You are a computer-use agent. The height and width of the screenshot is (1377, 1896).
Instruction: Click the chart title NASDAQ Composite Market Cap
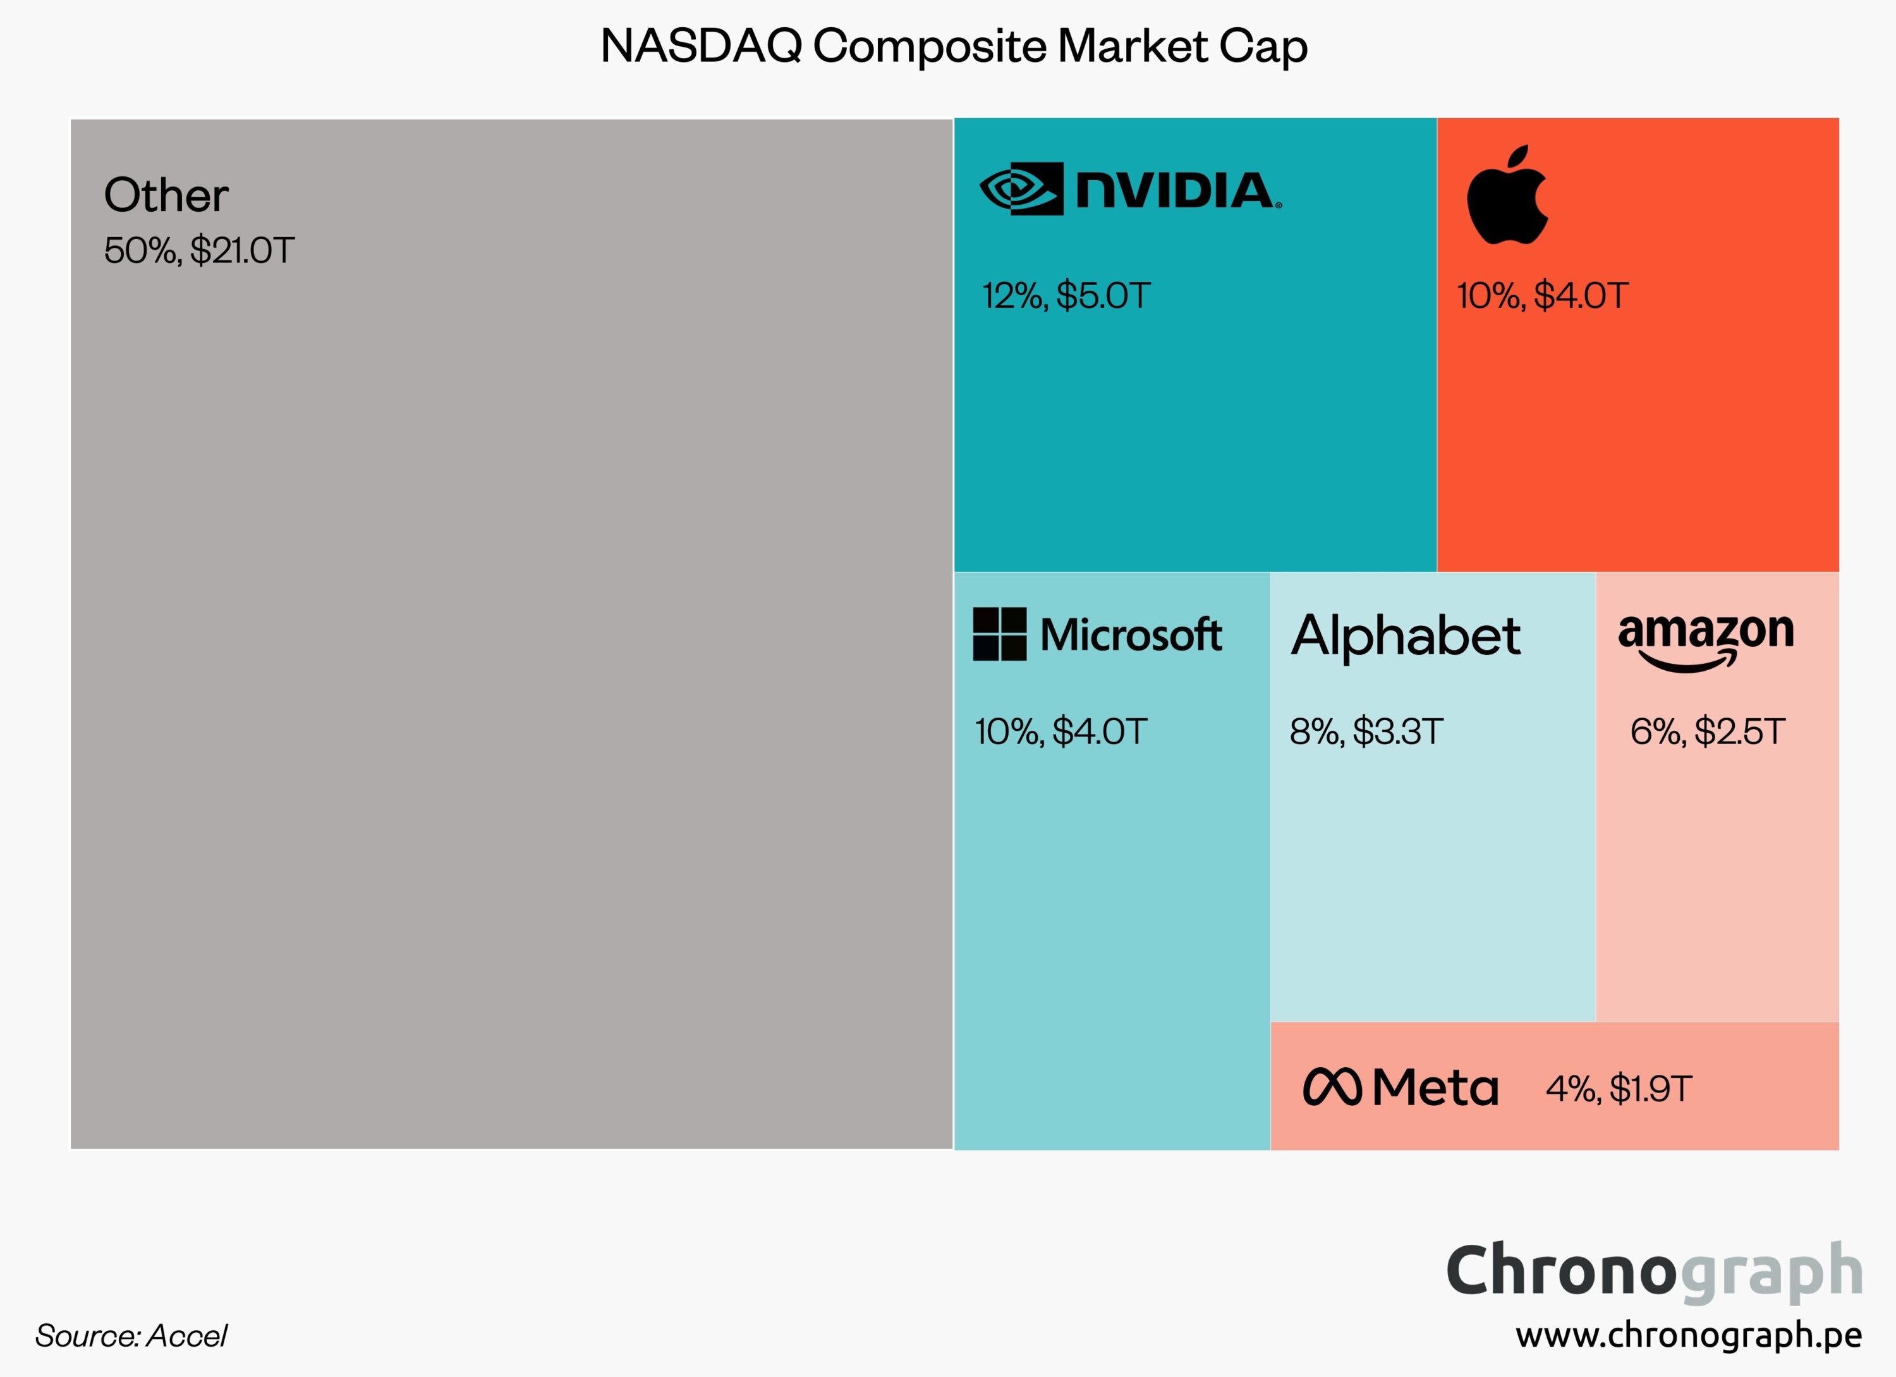coord(954,46)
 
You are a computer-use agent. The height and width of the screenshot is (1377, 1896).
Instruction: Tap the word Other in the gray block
coord(166,195)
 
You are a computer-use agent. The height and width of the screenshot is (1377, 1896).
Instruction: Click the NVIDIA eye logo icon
coord(1021,189)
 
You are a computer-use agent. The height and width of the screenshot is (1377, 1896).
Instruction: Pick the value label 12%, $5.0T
coord(1066,296)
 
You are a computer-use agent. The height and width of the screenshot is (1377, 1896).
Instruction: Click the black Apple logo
coord(1507,195)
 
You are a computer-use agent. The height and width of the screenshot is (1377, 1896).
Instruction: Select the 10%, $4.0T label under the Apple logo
coord(1542,296)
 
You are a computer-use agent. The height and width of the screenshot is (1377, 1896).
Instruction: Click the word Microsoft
coord(1130,635)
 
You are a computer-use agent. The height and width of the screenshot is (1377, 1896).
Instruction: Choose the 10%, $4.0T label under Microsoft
coord(1060,731)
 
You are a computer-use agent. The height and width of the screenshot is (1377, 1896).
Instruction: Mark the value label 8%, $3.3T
coord(1366,731)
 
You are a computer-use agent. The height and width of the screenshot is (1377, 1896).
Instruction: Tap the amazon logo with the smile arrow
coord(1705,640)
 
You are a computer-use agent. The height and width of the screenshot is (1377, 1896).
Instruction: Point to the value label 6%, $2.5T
coord(1707,731)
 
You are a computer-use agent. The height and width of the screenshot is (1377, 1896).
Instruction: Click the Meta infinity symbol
coord(1332,1087)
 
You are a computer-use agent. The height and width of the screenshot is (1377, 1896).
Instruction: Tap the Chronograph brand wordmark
coord(1653,1271)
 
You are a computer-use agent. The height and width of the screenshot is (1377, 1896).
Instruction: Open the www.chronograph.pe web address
coord(1689,1335)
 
